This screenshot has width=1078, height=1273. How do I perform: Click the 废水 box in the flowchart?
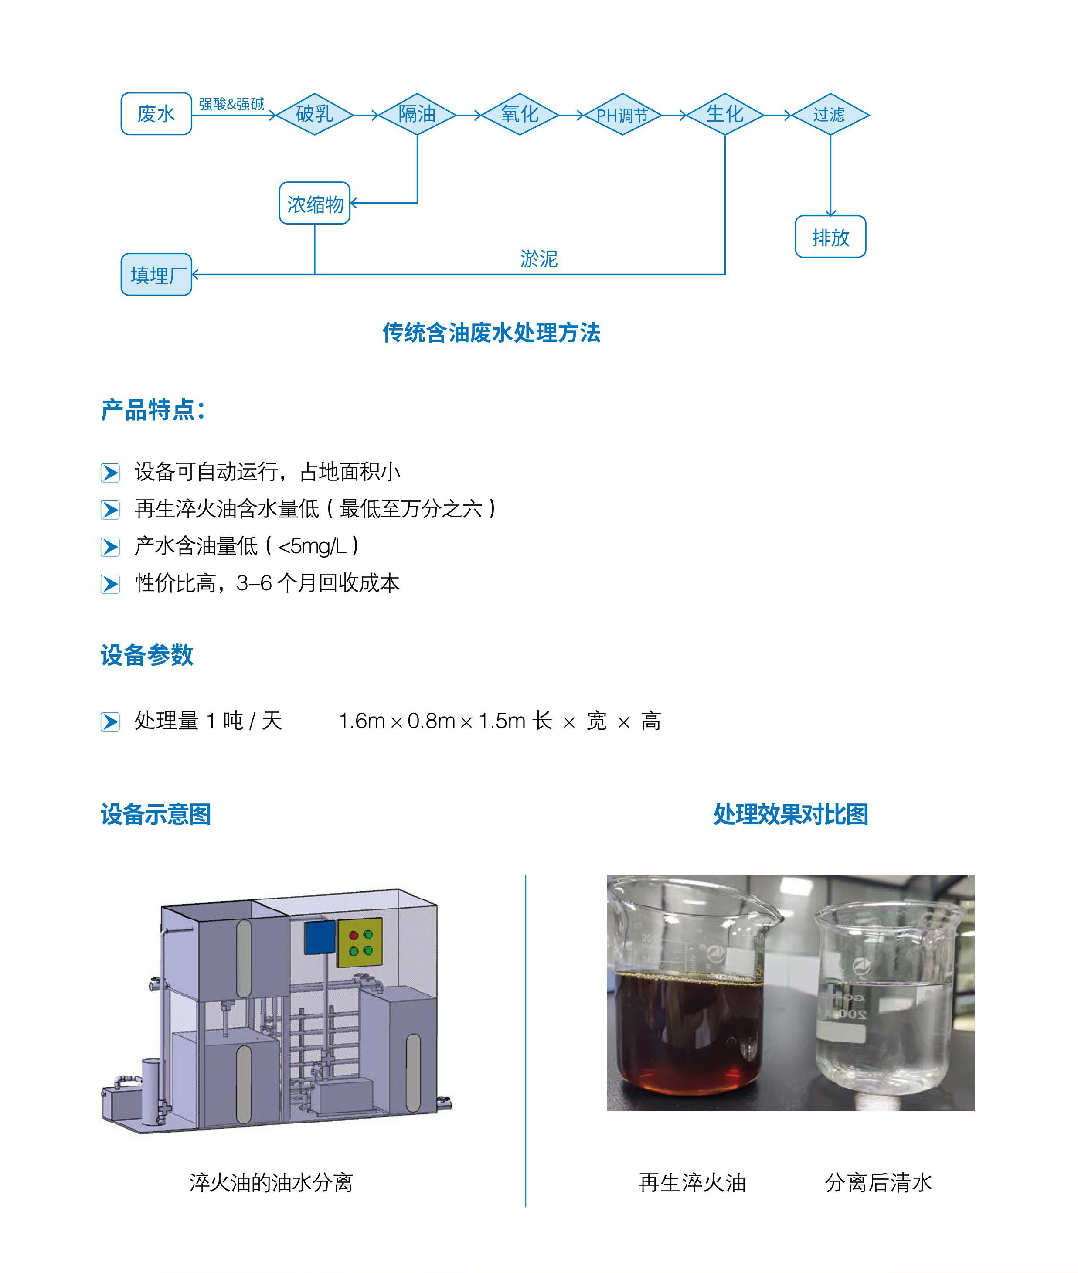pyautogui.click(x=156, y=114)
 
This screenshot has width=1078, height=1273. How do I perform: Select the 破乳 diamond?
pyautogui.click(x=315, y=114)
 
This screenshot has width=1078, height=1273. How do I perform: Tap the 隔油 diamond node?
pyautogui.click(x=418, y=114)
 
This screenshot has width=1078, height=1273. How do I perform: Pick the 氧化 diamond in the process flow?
pyautogui.click(x=520, y=114)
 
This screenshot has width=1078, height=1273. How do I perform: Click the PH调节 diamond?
pyautogui.click(x=623, y=114)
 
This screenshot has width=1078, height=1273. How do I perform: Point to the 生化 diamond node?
pyautogui.click(x=725, y=114)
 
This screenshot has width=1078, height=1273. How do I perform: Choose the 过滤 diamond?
pyautogui.click(x=830, y=114)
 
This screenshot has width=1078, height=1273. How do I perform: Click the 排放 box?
pyautogui.click(x=830, y=237)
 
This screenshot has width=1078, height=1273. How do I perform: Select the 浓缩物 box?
pyautogui.click(x=315, y=203)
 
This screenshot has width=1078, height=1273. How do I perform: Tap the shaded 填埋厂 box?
pyautogui.click(x=156, y=274)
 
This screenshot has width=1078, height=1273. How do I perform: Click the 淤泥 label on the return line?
pyautogui.click(x=539, y=259)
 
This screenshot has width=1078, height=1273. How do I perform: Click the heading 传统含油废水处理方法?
pyautogui.click(x=491, y=333)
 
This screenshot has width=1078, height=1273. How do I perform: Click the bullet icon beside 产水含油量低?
pyautogui.click(x=110, y=547)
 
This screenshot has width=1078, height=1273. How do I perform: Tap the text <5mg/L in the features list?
pyautogui.click(x=312, y=546)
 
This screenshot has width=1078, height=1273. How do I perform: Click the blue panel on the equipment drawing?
pyautogui.click(x=321, y=937)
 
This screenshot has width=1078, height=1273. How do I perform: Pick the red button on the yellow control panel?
pyautogui.click(x=353, y=936)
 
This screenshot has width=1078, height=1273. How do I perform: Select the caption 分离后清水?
pyautogui.click(x=878, y=1183)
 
